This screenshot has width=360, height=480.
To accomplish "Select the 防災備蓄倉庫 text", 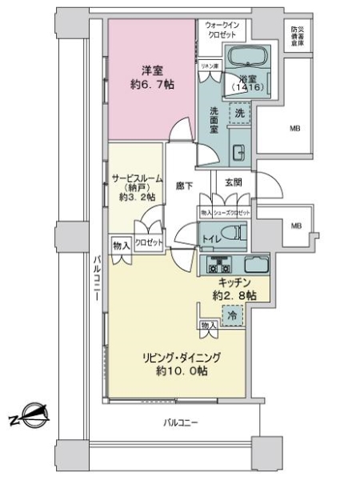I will point(298,35).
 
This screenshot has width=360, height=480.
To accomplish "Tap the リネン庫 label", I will point(209,65).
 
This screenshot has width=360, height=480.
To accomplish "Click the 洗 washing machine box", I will point(240,114).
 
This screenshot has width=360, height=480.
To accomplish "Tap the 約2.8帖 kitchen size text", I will point(234,296).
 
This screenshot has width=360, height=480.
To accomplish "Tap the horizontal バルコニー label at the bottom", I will point(180,422).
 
